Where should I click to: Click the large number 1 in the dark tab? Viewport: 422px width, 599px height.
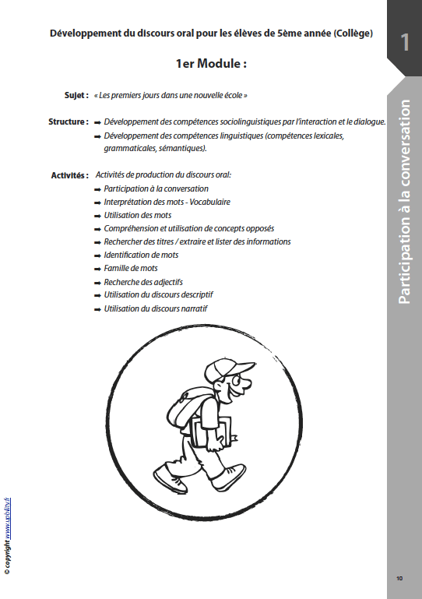(404, 42)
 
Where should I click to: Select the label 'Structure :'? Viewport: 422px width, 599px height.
(68, 122)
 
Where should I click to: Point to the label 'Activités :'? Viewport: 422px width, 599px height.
(69, 175)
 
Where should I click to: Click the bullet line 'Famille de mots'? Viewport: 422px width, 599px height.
(131, 268)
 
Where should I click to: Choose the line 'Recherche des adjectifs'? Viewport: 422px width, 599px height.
(143, 281)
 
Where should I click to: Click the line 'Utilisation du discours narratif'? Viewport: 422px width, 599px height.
(156, 308)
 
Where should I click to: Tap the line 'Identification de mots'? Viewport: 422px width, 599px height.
(141, 255)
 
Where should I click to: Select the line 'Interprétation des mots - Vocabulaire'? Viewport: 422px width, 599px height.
(167, 202)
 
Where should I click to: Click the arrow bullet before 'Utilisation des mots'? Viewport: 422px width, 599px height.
(97, 215)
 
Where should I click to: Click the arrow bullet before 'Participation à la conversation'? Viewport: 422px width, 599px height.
(97, 189)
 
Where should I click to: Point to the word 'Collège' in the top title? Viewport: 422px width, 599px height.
(352, 33)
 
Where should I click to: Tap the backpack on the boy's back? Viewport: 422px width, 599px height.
(184, 404)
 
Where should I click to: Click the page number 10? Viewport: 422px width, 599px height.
(399, 578)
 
